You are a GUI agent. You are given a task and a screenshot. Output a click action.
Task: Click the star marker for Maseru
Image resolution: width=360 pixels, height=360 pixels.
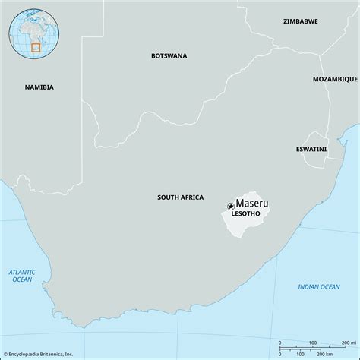pyautogui.click(x=230, y=206)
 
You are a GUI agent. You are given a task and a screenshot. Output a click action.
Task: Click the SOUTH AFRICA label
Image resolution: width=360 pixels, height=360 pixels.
pyautogui.click(x=180, y=197)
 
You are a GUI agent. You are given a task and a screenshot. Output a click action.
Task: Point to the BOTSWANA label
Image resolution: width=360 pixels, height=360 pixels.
pyautogui.click(x=169, y=55)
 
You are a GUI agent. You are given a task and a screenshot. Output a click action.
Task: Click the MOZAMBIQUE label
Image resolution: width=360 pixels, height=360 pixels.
pyautogui.click(x=334, y=79)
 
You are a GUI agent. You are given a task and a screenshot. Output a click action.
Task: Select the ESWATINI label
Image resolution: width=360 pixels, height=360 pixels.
pyautogui.click(x=311, y=149)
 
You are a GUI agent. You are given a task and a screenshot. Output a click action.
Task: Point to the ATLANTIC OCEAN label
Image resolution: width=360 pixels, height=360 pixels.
pyautogui.click(x=22, y=275)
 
